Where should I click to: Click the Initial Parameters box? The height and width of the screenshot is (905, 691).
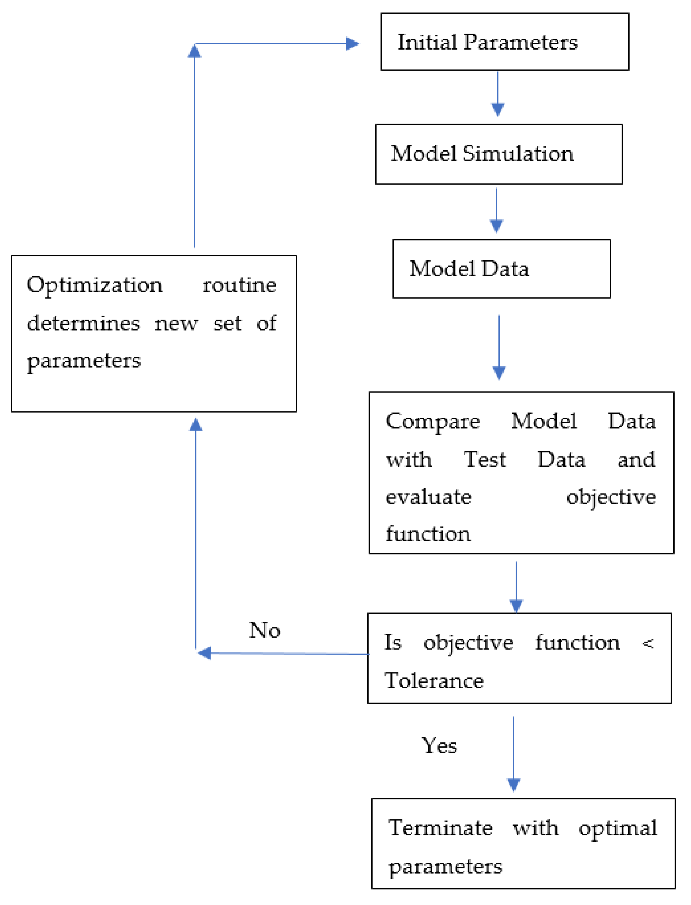504,42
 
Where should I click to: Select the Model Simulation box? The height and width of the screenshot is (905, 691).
499,154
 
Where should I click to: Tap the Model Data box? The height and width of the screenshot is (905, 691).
501,269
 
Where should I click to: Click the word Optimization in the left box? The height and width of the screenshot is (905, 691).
95,285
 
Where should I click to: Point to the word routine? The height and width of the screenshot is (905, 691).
239,285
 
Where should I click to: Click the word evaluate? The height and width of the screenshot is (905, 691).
428,497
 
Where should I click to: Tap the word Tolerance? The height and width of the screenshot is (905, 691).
434,681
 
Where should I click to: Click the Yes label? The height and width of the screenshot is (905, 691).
439,745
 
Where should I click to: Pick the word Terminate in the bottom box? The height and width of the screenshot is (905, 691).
440,828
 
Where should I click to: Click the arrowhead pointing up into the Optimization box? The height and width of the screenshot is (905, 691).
196,425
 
